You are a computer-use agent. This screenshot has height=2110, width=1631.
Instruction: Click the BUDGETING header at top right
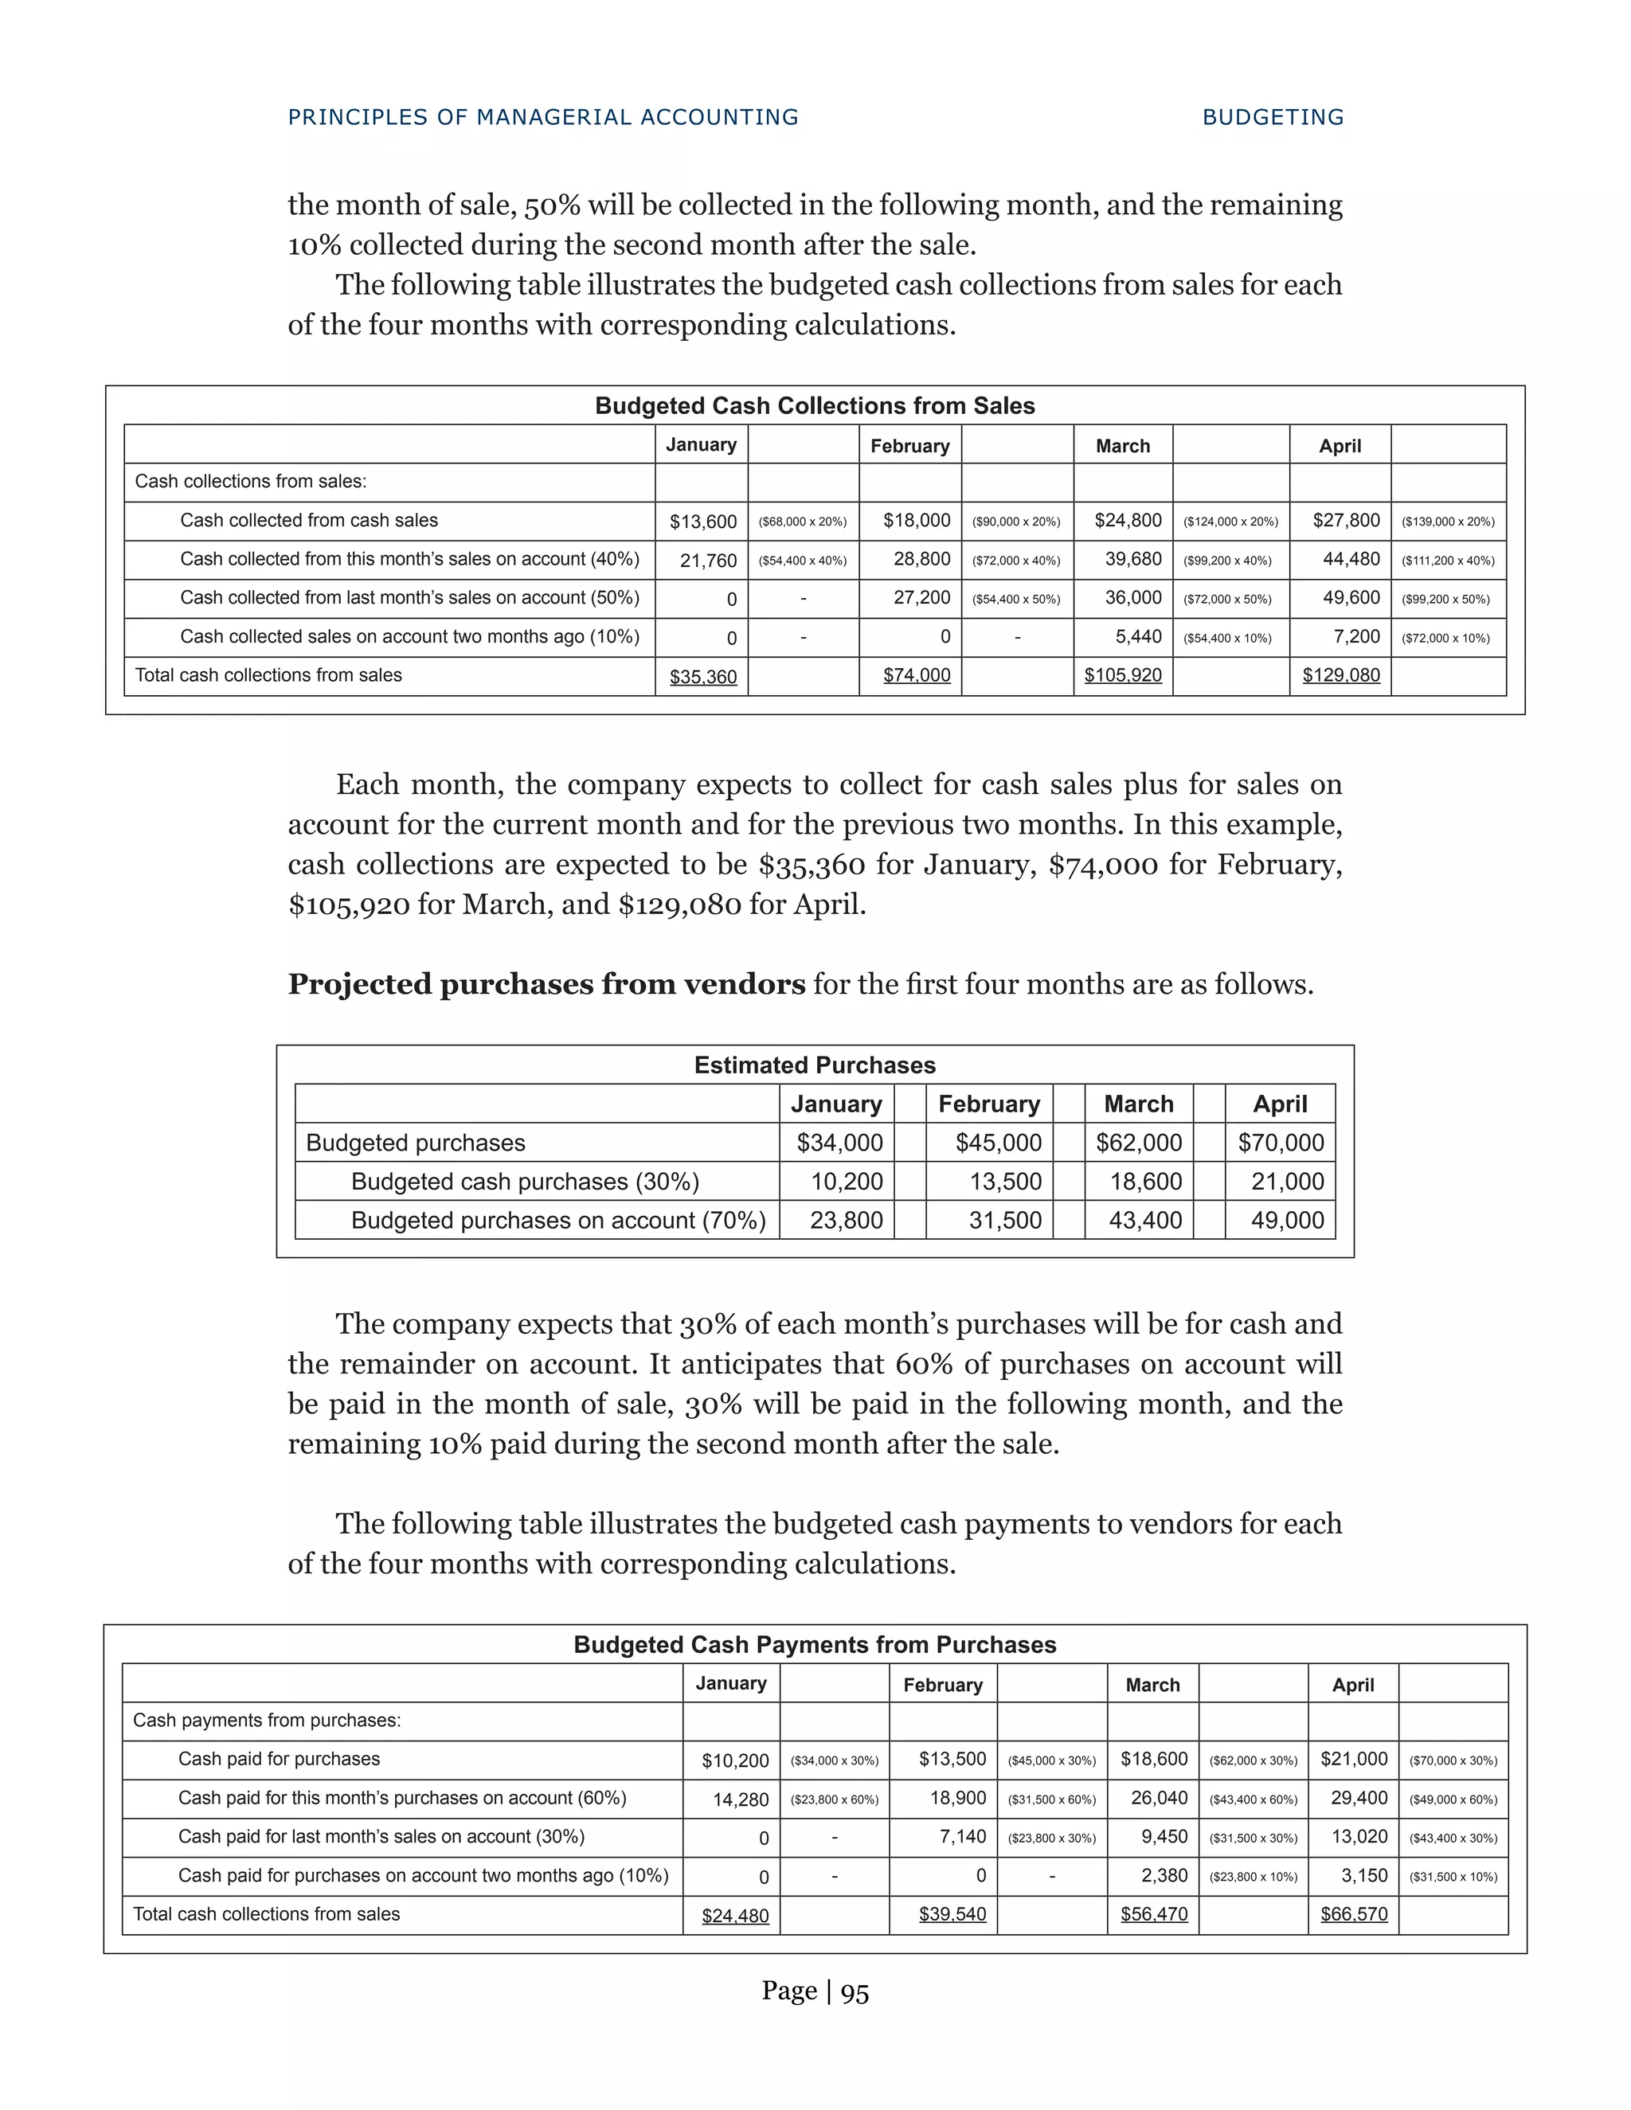[x=1273, y=117]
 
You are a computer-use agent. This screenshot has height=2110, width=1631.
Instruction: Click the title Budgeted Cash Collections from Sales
[x=815, y=406]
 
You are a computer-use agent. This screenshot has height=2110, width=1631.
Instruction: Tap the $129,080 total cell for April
[x=1340, y=675]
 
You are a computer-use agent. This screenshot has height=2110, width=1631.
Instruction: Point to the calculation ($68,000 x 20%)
[x=802, y=522]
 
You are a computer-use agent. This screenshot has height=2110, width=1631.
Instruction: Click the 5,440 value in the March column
[x=1138, y=637]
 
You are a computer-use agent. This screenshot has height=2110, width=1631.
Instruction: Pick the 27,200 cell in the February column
[x=921, y=598]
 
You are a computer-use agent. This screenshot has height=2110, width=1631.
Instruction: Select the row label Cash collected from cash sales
[x=308, y=521]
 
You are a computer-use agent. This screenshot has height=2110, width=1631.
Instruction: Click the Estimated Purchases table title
[x=815, y=1065]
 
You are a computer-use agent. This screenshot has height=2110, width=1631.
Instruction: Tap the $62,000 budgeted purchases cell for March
[x=1138, y=1143]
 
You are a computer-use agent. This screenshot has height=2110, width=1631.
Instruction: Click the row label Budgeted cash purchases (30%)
[x=525, y=1182]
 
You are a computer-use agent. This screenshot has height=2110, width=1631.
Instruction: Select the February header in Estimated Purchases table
[x=988, y=1104]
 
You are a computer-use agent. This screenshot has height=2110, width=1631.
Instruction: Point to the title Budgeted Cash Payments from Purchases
[x=815, y=1644]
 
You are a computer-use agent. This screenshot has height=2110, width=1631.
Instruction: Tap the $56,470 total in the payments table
[x=1154, y=1914]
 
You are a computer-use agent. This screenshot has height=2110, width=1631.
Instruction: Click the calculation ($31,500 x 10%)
[x=1453, y=1876]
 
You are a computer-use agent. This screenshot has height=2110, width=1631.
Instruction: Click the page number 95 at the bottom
[x=855, y=1991]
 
